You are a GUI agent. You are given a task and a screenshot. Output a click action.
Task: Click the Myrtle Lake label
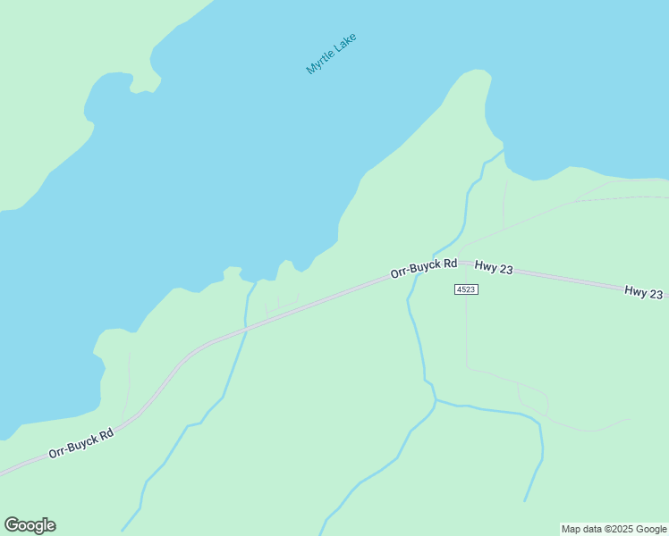(x=331, y=54)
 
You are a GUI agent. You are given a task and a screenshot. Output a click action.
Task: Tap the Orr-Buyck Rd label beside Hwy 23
(x=423, y=269)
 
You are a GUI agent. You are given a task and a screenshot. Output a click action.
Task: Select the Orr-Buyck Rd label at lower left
(x=81, y=443)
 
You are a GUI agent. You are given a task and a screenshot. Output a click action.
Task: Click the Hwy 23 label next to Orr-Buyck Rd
(x=494, y=266)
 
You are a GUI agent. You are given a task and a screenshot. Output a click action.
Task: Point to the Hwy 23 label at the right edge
(x=644, y=292)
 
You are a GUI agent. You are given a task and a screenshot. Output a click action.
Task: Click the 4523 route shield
(x=466, y=289)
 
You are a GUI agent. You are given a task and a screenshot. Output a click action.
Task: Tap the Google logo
(x=30, y=525)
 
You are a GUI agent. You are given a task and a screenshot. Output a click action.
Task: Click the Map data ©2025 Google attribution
(x=614, y=529)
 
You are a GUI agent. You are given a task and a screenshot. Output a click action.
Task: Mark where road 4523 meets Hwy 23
(x=466, y=264)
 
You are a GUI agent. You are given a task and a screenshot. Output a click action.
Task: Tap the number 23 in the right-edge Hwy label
(x=656, y=293)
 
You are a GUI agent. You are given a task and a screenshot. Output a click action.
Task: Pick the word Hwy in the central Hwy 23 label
(x=486, y=265)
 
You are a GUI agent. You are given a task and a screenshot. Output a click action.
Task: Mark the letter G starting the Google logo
(x=12, y=525)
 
